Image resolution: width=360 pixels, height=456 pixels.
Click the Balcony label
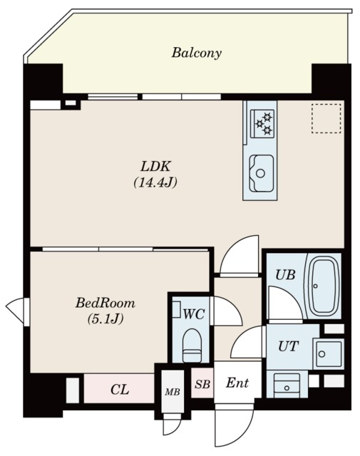(x=196, y=53)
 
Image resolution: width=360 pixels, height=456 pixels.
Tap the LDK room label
(x=155, y=167)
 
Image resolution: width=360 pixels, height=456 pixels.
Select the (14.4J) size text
(x=155, y=183)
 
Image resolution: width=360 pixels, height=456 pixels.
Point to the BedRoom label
(x=106, y=303)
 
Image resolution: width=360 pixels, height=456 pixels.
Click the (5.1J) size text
(x=106, y=319)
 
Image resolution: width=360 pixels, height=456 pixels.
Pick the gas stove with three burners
(x=262, y=123)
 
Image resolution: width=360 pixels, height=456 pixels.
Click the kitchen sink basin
(x=262, y=173)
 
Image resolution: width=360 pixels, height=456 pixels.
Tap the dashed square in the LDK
(x=326, y=118)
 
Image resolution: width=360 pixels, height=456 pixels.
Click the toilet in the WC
(x=192, y=346)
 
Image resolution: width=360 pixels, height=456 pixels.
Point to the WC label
(x=194, y=313)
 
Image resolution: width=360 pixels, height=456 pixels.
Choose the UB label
(x=285, y=274)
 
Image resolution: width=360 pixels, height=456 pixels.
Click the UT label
(x=288, y=346)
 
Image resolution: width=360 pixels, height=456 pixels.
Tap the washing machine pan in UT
(x=329, y=353)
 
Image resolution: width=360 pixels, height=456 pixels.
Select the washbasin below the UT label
(x=287, y=385)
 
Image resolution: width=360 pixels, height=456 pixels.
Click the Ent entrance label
(x=237, y=383)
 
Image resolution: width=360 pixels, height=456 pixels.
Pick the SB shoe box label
(x=202, y=384)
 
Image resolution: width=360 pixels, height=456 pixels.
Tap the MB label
(x=173, y=392)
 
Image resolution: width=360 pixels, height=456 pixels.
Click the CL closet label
(x=120, y=390)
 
